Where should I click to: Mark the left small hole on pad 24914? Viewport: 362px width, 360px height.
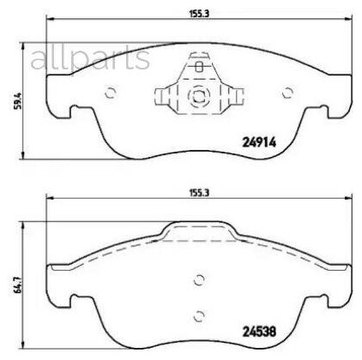tap(109, 94)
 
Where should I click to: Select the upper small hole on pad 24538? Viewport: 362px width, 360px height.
tap(198, 279)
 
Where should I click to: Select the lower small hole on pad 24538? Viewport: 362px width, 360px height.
tap(198, 313)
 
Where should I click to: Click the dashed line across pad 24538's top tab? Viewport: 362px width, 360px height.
tap(198, 240)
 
